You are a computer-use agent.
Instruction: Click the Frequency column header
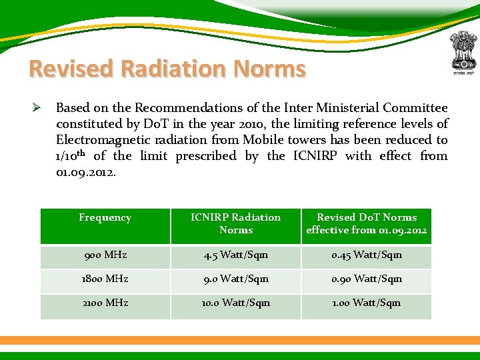pos(105,217)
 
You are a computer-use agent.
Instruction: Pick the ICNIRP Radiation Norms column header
pos(236,223)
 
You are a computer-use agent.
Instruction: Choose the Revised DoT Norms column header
pos(366,223)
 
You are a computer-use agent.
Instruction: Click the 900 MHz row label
pos(105,255)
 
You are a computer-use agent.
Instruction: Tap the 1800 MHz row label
pos(105,279)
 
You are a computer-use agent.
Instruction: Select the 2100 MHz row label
pos(105,303)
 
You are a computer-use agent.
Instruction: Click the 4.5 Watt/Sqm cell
pos(236,255)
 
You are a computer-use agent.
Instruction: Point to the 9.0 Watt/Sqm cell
pos(236,279)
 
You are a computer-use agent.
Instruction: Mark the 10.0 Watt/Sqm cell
pos(236,303)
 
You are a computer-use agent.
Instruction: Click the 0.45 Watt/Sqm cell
pos(366,255)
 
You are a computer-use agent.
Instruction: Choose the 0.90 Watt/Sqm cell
pos(366,279)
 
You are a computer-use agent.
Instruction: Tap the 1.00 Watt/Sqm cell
pos(366,303)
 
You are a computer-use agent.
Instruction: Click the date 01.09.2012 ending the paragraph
pos(85,172)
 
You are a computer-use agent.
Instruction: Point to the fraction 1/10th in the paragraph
pos(71,156)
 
